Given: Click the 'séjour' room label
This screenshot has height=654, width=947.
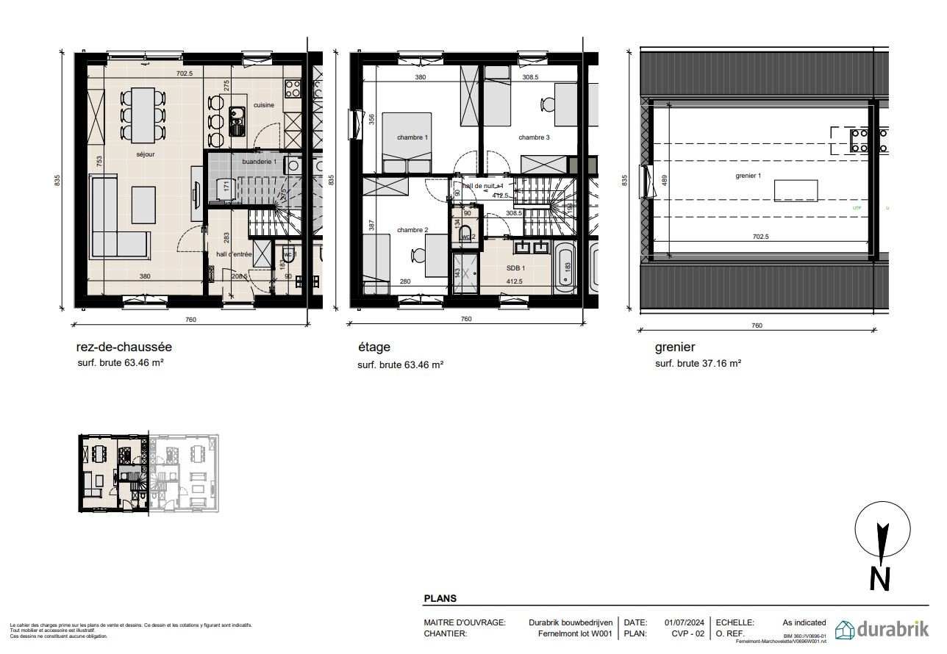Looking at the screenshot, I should (x=145, y=154).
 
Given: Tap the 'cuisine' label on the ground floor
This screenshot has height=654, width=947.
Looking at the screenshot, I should (x=264, y=105).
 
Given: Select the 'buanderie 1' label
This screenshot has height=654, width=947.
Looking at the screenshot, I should (x=259, y=161).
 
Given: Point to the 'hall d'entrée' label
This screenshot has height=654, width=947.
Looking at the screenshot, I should (x=234, y=254).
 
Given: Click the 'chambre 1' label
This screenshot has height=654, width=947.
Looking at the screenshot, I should (x=412, y=137).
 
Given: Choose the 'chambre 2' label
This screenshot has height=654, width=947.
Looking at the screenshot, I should (x=412, y=230).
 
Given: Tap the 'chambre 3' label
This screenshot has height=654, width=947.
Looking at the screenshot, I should (x=534, y=137).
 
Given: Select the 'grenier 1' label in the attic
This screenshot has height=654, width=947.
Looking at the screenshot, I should (x=748, y=176).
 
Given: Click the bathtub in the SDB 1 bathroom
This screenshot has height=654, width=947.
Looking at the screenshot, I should (x=566, y=267).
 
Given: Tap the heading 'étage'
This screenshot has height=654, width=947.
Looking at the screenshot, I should (x=374, y=348).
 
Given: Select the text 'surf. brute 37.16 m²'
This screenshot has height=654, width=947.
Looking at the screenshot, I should (x=698, y=363).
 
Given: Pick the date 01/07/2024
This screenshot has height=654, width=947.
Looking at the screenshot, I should (x=685, y=622).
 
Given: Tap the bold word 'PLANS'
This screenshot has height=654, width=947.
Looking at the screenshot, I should (x=440, y=599).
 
